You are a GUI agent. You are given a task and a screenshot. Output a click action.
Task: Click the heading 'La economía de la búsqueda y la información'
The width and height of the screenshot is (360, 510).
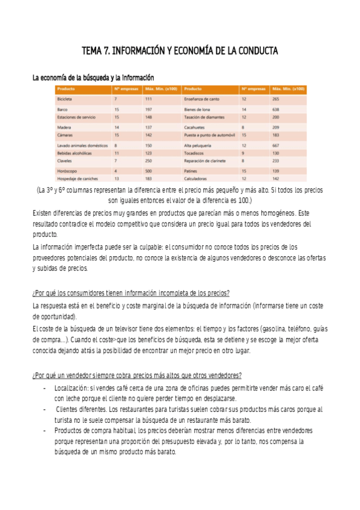tap(93, 78)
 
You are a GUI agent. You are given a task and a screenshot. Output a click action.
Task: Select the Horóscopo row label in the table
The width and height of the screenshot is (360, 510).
tap(67, 170)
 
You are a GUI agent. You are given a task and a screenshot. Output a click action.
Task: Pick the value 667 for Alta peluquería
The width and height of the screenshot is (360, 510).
tap(276, 145)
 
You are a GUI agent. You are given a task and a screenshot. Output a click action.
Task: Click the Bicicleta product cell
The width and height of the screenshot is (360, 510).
tap(64, 99)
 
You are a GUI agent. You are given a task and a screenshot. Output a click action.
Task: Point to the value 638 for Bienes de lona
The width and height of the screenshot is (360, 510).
tap(276, 109)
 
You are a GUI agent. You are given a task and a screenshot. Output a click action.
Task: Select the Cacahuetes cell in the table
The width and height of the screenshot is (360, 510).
tap(196, 127)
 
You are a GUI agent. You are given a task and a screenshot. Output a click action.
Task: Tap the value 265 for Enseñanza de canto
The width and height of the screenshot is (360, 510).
tap(276, 99)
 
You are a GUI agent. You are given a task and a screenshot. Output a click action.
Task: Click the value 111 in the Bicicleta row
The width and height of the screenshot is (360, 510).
tap(148, 99)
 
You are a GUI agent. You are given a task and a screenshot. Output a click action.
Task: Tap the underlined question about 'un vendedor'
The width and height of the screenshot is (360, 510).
tap(137, 375)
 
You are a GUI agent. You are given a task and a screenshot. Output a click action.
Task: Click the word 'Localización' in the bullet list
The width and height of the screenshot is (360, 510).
tap(74, 389)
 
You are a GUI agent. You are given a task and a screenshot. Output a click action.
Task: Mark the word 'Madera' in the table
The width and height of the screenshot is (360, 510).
tap(64, 127)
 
